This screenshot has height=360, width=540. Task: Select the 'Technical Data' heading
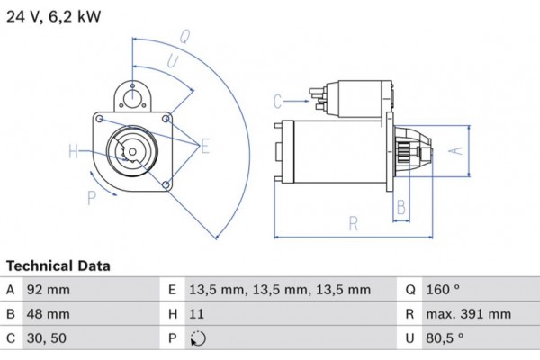tap(58, 266)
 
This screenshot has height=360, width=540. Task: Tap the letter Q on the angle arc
tap(184, 37)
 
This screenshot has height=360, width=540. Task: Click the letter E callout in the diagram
tap(205, 145)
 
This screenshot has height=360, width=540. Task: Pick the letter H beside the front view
tap(73, 151)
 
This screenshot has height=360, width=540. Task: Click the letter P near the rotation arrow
tap(90, 197)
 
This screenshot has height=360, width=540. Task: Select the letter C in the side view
tap(278, 100)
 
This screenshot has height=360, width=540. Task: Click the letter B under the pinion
tap(402, 208)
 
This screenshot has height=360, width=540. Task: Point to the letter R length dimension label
tap(354, 223)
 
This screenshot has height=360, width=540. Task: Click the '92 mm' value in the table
tap(50, 291)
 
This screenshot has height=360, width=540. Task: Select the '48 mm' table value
tap(50, 315)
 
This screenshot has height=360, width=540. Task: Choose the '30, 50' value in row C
tap(49, 339)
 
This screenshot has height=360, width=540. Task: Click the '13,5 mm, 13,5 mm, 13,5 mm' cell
tap(280, 291)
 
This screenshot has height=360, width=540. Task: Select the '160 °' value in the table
tap(442, 291)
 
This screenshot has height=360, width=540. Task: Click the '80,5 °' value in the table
tap(444, 339)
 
